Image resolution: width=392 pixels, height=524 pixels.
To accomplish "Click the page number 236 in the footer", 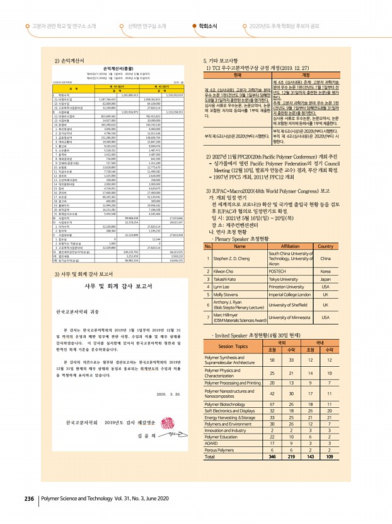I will coord(28,499).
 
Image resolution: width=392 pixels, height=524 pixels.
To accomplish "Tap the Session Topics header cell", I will coord(233,347).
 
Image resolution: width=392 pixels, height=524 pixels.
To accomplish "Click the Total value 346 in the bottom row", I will coord(272,456).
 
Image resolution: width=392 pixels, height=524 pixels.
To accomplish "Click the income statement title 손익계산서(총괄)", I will coord(118,67).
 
